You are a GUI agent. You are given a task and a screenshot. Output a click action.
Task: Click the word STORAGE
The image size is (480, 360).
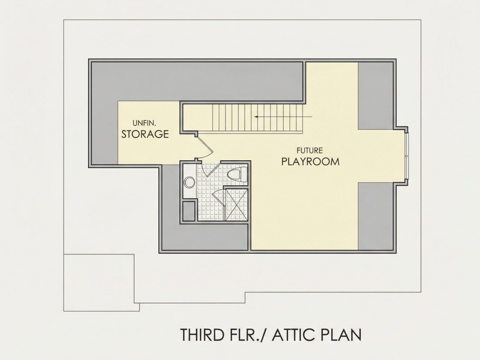click(145, 134)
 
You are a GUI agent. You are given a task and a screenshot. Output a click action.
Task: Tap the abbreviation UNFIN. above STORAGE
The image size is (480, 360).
click(144, 123)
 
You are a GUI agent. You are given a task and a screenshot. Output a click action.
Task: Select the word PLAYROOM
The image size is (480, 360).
click(310, 161)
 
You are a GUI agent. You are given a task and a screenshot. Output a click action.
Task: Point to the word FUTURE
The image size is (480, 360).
click(309, 150)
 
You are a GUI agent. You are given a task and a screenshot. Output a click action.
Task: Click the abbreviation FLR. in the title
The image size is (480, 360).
click(246, 335)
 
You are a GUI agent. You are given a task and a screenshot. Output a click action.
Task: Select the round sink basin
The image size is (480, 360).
click(189, 182)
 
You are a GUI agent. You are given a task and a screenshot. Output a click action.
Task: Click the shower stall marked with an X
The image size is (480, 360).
click(237, 205)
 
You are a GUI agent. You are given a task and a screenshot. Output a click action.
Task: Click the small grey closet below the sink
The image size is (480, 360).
click(189, 211)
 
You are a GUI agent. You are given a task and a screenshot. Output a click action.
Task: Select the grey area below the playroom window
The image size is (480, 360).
click(375, 216)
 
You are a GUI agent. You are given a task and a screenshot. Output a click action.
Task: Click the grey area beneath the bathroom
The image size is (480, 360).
click(205, 237)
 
